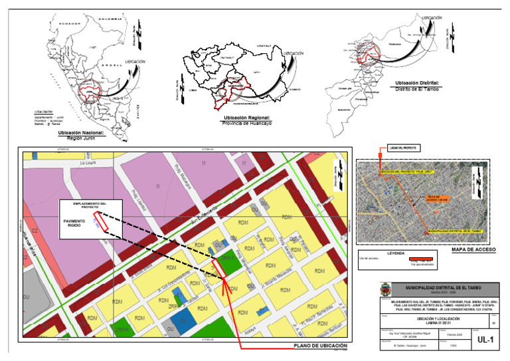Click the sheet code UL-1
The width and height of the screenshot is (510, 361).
(486, 340)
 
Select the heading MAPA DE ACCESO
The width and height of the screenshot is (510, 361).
(473, 249)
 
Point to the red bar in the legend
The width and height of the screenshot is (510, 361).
(422, 258)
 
